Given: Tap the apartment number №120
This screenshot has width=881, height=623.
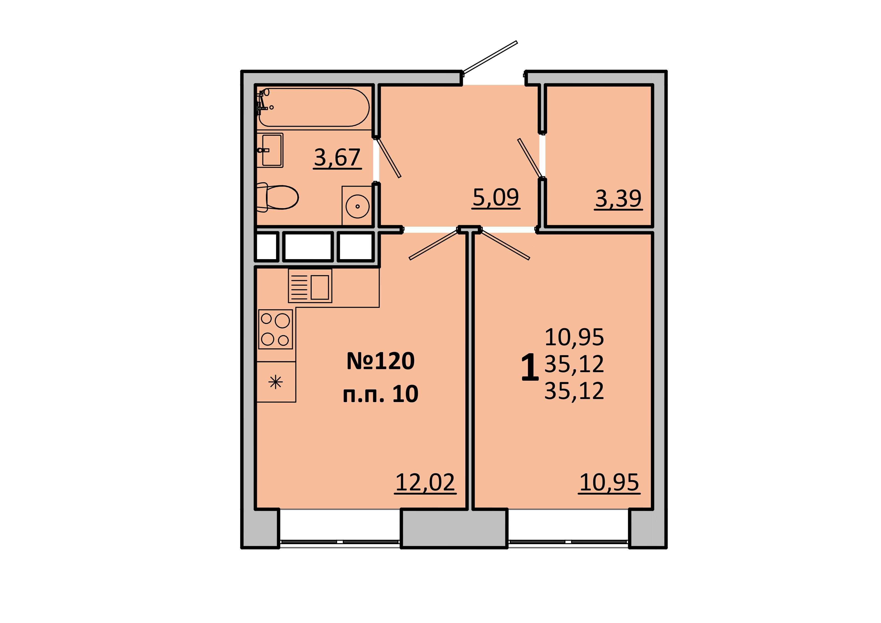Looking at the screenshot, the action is [381, 361].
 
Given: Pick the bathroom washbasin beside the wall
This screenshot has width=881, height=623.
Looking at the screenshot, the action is [270, 150].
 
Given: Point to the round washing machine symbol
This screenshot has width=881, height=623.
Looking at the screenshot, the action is [357, 206].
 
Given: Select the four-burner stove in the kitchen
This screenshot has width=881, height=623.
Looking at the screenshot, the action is [276, 329].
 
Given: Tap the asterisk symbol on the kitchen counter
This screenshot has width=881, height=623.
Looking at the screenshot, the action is [276, 382].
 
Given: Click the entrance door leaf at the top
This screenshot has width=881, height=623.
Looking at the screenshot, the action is [490, 57].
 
